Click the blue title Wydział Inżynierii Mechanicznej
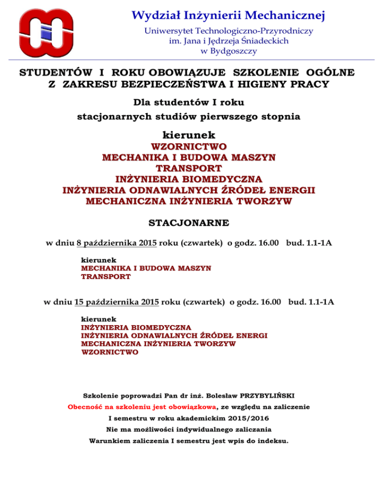point(229,17)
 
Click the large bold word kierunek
point(189,134)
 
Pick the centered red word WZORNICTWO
point(189,147)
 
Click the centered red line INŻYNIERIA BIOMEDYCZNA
point(189,179)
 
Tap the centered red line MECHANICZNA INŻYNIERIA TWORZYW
point(189,201)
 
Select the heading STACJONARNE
point(189,223)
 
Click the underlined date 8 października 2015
point(117,243)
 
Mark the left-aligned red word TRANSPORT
point(106,277)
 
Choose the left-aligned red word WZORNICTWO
point(110,352)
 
